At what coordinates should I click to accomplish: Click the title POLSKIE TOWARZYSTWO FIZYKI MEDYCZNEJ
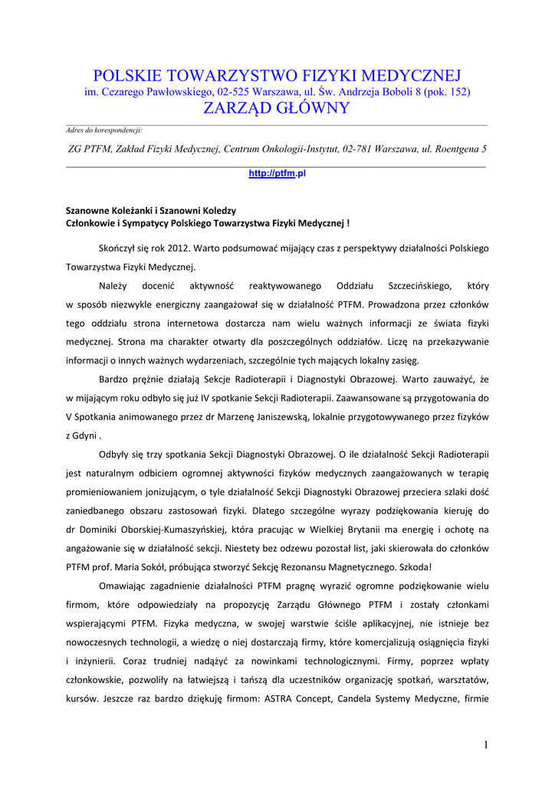277,75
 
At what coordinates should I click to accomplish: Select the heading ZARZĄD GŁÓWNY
277,108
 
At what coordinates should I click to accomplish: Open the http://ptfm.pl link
277,174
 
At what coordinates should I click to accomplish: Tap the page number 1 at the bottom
486,744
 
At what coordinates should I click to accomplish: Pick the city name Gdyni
84,435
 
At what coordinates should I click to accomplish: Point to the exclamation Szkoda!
414,567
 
